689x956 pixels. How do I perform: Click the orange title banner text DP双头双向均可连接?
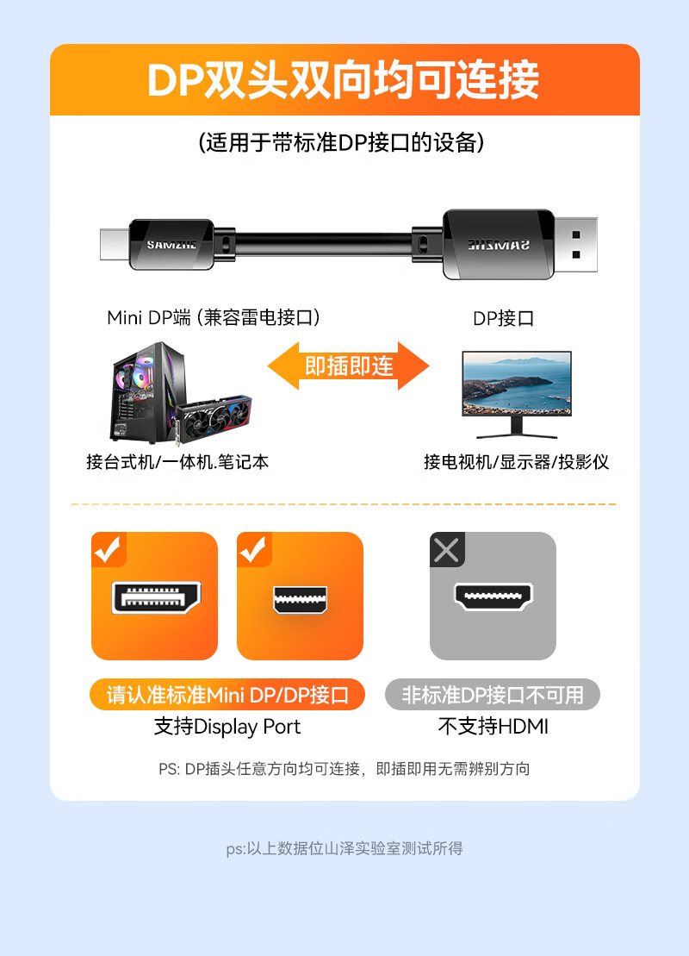click(x=343, y=80)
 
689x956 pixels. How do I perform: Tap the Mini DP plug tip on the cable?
click(x=115, y=244)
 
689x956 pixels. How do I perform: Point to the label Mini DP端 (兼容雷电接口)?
click(x=214, y=317)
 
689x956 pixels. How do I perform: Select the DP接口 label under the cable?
click(x=503, y=318)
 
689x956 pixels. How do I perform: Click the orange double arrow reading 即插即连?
click(x=349, y=366)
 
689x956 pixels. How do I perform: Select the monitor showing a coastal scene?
click(x=517, y=394)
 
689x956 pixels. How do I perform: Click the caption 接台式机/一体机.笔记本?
click(x=177, y=462)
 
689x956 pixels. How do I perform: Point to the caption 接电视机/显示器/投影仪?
click(x=516, y=462)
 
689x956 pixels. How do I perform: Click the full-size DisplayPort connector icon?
click(x=156, y=597)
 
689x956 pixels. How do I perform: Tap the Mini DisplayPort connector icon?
click(x=300, y=600)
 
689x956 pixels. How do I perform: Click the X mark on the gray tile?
click(x=446, y=550)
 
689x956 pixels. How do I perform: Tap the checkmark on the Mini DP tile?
click(x=253, y=549)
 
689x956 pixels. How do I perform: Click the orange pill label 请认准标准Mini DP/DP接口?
click(x=227, y=695)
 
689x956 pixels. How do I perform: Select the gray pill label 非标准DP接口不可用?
click(x=493, y=695)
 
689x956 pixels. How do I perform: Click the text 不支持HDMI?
click(x=493, y=727)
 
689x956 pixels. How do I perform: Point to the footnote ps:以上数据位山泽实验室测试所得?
click(x=344, y=848)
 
